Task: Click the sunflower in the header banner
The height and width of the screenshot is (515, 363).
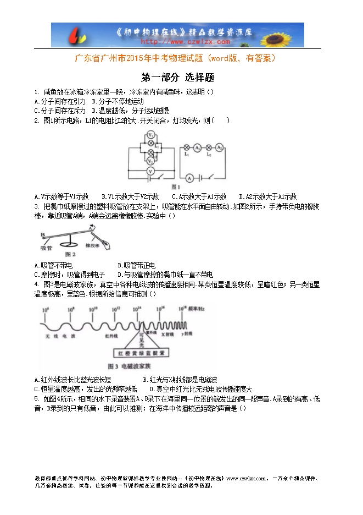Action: pos(288,34)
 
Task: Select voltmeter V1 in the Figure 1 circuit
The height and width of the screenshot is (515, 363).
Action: pos(150,135)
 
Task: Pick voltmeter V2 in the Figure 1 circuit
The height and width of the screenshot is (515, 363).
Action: pos(150,161)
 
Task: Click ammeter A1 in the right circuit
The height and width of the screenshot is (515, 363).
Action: pos(202,147)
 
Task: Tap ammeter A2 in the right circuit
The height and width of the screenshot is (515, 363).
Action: pos(219,147)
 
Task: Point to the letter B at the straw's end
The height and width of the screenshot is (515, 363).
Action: pos(42,234)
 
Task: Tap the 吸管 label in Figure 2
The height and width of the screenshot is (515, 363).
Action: pos(46,248)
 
